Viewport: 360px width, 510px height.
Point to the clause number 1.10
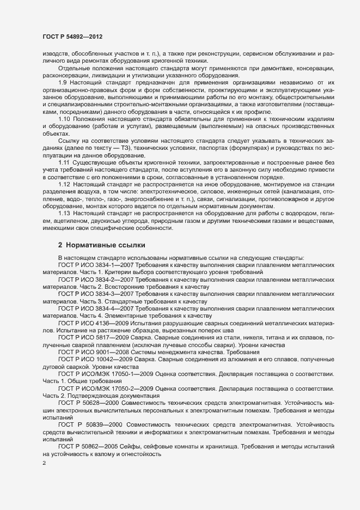[65, 119]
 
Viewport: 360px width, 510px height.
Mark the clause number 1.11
[64, 163]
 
